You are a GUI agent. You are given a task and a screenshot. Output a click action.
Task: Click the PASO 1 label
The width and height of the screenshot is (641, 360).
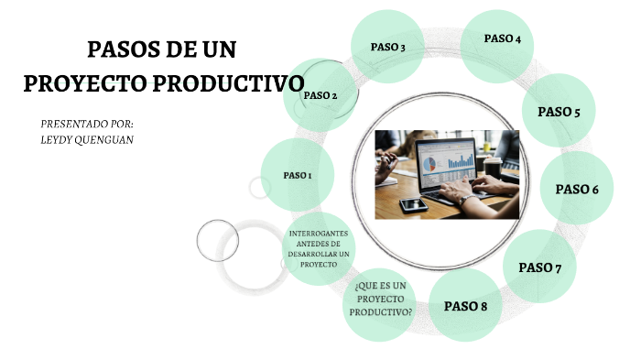pos(298,175)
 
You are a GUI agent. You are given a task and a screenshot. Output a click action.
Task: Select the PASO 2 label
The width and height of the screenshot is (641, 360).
pos(320,95)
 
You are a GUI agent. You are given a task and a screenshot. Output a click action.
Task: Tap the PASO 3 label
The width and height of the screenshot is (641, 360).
pos(387,47)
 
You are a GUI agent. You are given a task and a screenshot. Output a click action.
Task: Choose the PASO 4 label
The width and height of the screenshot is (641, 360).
pos(503,38)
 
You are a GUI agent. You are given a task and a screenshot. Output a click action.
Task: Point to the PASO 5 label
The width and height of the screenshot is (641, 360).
pos(559,113)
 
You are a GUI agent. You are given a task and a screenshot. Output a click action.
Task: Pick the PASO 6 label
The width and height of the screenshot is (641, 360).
pos(577,189)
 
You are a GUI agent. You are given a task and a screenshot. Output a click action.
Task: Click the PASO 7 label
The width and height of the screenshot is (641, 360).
pos(540,267)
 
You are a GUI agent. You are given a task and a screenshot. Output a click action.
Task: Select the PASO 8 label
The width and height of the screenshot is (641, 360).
pos(465,306)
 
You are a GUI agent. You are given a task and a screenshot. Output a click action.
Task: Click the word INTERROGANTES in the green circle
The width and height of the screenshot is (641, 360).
pos(319,235)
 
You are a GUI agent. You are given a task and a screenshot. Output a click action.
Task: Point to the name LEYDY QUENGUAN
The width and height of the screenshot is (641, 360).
pos(87,139)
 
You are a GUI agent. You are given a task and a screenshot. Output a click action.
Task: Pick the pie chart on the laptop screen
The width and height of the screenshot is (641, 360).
pos(429,164)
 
